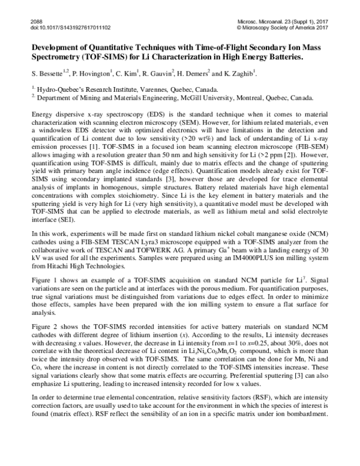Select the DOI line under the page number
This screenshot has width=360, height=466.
pyautogui.click(x=61, y=27)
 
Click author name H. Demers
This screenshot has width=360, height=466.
pyautogui.click(x=194, y=73)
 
